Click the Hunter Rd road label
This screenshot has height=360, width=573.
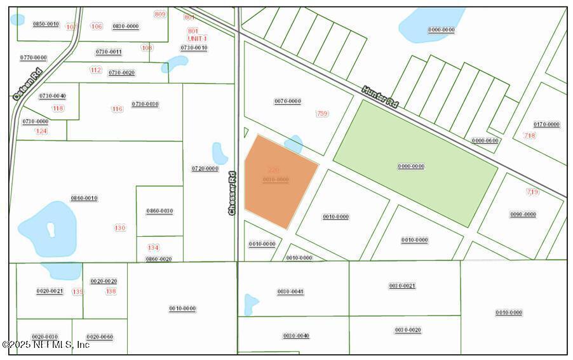[x=380, y=97]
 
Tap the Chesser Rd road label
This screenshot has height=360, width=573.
[x=232, y=192]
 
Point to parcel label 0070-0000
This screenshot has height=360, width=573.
[x=287, y=102]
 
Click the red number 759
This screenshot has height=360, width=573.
[x=322, y=114]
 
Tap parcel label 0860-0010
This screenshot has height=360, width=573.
[x=84, y=198]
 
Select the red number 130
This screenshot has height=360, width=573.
[x=120, y=227]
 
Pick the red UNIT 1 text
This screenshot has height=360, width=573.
[x=197, y=39]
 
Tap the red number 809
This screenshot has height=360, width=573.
[x=159, y=14]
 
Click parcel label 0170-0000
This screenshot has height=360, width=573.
[x=546, y=124]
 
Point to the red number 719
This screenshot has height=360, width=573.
[x=532, y=192]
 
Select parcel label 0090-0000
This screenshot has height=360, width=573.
[x=523, y=215]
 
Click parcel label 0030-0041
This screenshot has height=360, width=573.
[x=290, y=291]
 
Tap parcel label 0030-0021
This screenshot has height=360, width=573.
[x=402, y=286]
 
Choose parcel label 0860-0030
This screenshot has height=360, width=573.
[x=159, y=211]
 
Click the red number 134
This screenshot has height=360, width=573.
[x=153, y=248]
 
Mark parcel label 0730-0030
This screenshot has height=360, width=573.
[x=145, y=104]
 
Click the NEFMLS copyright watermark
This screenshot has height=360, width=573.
[x=46, y=345]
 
